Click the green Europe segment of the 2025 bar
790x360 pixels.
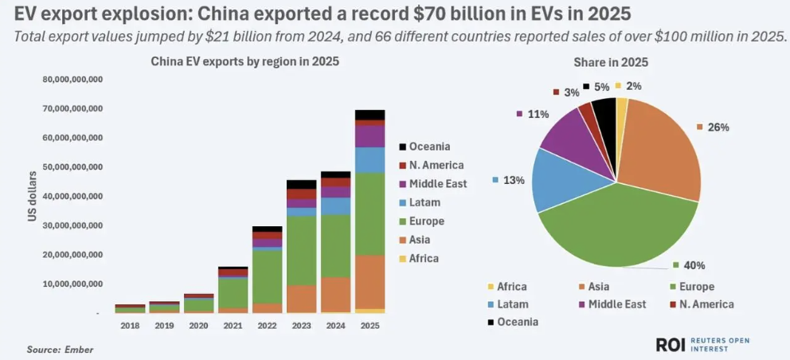pyautogui.click(x=370, y=213)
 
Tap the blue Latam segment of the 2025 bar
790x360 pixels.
pyautogui.click(x=370, y=160)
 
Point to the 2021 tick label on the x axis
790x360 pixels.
pyautogui.click(x=232, y=326)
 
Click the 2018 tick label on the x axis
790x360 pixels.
pyautogui.click(x=129, y=326)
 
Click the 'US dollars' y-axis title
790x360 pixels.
pyautogui.click(x=33, y=195)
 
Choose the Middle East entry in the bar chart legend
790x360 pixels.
pyautogui.click(x=438, y=184)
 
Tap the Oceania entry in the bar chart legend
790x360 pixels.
pyautogui.click(x=430, y=147)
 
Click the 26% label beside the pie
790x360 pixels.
pyautogui.click(x=718, y=127)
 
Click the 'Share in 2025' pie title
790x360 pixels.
pyautogui.click(x=612, y=63)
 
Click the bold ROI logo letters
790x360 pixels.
pyautogui.click(x=671, y=344)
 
